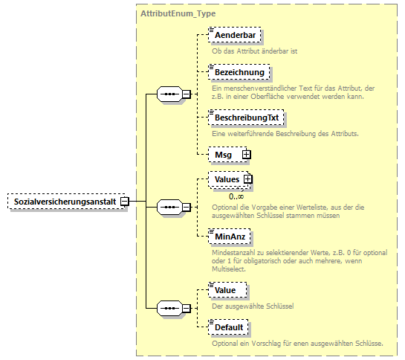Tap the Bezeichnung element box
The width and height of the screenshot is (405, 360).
239,72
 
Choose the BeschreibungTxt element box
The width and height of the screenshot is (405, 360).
247,118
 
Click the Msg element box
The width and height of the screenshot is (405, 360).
224,154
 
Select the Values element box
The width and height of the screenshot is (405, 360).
226,179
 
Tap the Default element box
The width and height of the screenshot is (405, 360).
228,327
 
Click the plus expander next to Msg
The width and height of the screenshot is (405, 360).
246,154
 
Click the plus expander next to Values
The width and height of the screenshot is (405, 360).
248,179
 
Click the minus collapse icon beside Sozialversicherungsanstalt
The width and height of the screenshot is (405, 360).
125,202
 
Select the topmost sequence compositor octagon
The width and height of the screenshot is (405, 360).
170,94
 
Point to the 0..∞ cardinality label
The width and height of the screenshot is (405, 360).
237,196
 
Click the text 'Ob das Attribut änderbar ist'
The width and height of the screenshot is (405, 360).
255,51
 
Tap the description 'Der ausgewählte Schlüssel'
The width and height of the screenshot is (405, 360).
253,305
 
